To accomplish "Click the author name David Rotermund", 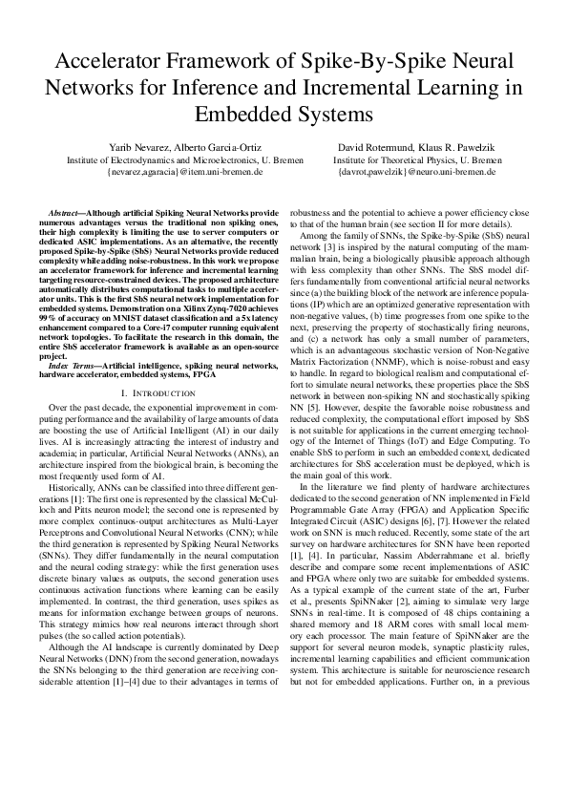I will point(379,148).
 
